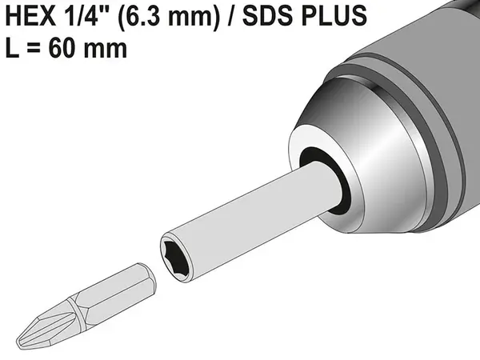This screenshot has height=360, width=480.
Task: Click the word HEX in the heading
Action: [x=30, y=16]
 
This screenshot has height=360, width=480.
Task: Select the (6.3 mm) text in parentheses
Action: [x=169, y=17]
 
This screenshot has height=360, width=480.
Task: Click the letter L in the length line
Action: [x=12, y=47]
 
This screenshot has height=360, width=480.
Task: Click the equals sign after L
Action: [x=34, y=48]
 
